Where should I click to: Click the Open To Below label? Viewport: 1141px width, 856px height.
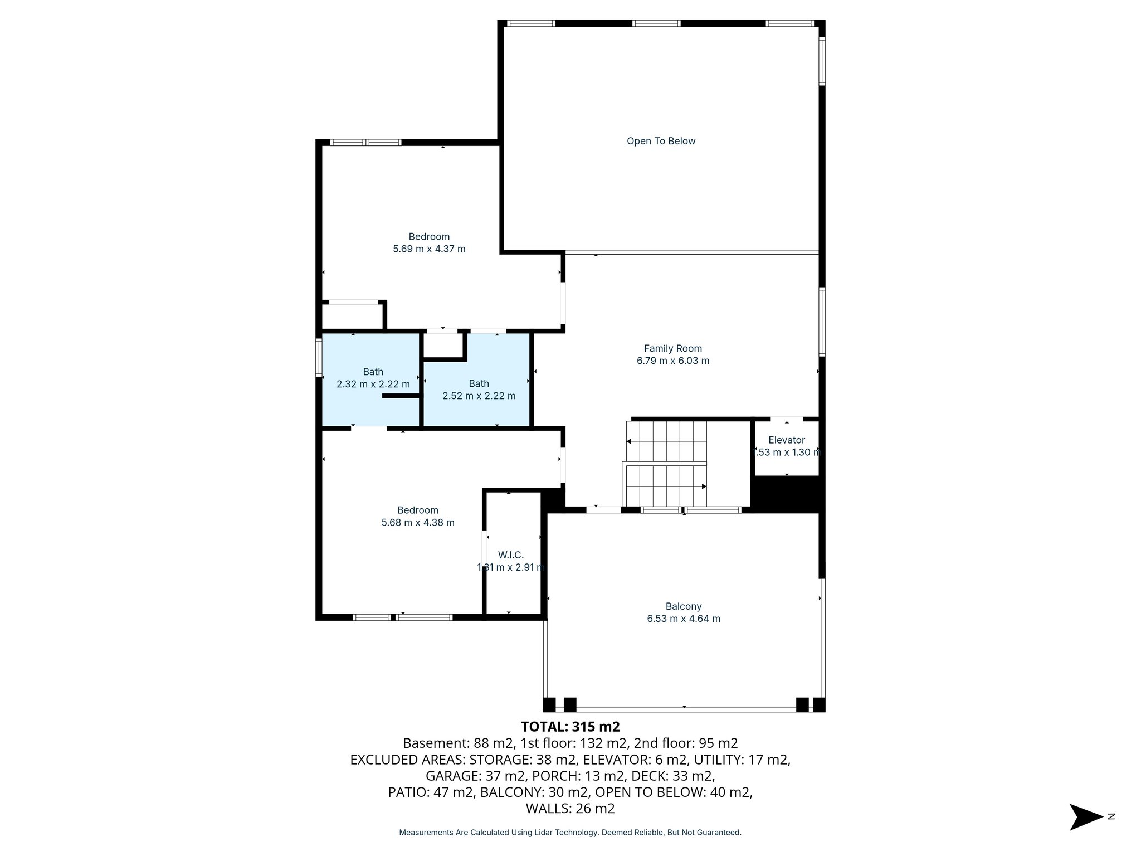(x=661, y=141)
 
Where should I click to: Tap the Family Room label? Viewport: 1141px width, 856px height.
(x=672, y=348)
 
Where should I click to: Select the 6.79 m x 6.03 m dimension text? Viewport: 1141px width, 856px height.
(x=672, y=361)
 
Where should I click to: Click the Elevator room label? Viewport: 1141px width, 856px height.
(x=786, y=440)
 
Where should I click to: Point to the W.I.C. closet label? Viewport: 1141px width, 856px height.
(x=510, y=555)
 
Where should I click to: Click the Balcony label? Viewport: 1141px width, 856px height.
(x=683, y=606)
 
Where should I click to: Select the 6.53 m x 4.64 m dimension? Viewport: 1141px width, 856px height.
(x=683, y=619)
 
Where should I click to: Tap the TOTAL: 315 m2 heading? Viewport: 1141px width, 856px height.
(x=570, y=727)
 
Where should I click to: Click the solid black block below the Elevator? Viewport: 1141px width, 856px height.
(x=786, y=494)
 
